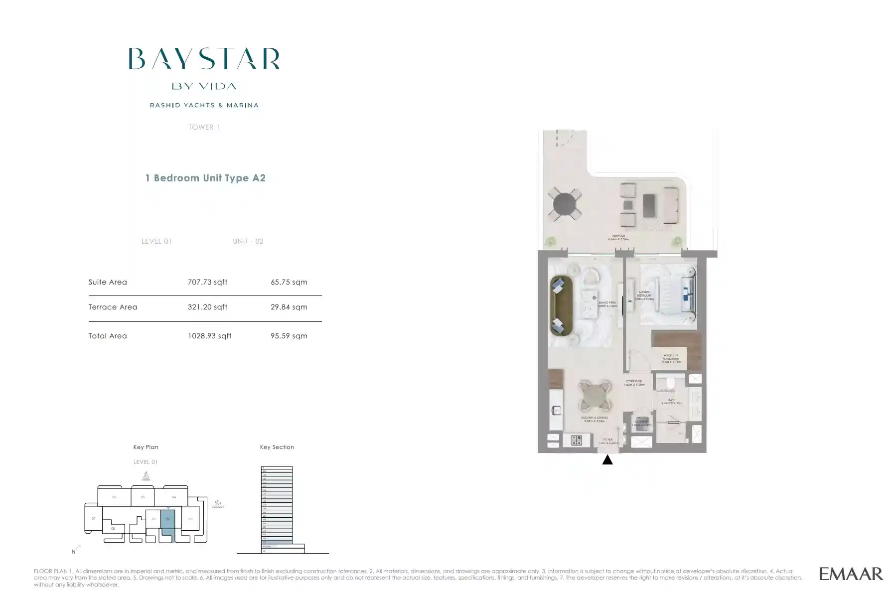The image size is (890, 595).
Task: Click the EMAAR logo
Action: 851,574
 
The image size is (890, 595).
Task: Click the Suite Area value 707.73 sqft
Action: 207,282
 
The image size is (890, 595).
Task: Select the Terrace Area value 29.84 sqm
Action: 289,307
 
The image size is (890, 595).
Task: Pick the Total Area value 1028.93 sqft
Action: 209,336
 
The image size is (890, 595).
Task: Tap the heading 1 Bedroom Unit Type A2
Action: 205,178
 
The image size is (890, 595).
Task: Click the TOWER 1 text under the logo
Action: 204,127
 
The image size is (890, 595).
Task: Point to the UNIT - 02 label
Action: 248,241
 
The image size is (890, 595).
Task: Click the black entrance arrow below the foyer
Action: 607,460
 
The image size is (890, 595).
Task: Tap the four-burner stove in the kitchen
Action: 576,440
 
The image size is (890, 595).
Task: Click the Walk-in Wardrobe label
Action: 670,358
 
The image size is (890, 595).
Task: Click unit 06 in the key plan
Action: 114,497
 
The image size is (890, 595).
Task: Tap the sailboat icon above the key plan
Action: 146,476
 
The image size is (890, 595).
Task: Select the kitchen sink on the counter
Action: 556,410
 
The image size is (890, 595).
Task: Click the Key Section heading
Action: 277,447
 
